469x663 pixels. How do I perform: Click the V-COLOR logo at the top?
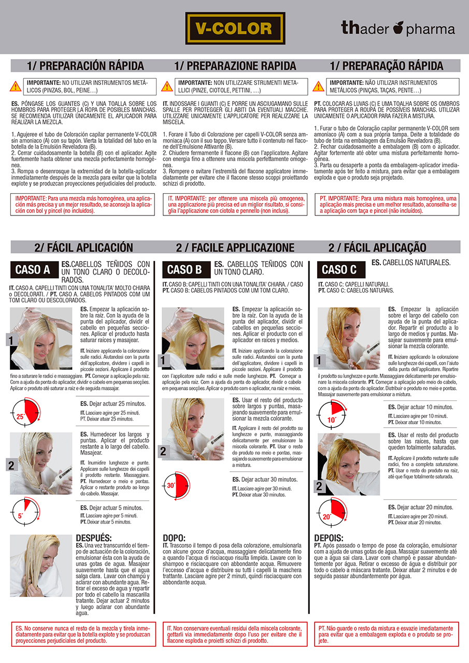pyautogui.click(x=235, y=28)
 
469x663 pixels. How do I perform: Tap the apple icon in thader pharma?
pyautogui.click(x=399, y=27)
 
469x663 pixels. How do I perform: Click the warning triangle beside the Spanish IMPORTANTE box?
pyautogui.click(x=16, y=87)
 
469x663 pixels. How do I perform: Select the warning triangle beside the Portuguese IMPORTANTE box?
pyautogui.click(x=318, y=87)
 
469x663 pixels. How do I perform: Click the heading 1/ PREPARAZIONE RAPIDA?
pyautogui.click(x=235, y=66)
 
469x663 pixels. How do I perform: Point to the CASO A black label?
pyautogui.click(x=34, y=270)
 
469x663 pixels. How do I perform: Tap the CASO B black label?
pyautogui.click(x=186, y=270)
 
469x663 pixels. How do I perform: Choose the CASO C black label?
pyautogui.click(x=341, y=270)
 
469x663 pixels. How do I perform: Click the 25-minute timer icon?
pyautogui.click(x=25, y=412)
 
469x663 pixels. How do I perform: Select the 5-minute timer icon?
pyautogui.click(x=25, y=512)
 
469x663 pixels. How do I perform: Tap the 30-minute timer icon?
pyautogui.click(x=177, y=486)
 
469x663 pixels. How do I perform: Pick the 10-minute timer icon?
pyautogui.click(x=332, y=415)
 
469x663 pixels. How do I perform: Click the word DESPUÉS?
pyautogui.click(x=94, y=538)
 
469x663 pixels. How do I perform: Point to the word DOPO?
pyautogui.click(x=174, y=538)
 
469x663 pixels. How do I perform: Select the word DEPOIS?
pyautogui.click(x=329, y=538)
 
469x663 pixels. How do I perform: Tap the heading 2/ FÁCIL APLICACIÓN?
pyautogui.click(x=83, y=248)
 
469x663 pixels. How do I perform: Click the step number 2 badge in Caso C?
pyautogui.click(x=319, y=486)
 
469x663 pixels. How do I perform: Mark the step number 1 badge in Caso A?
pyautogui.click(x=11, y=340)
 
